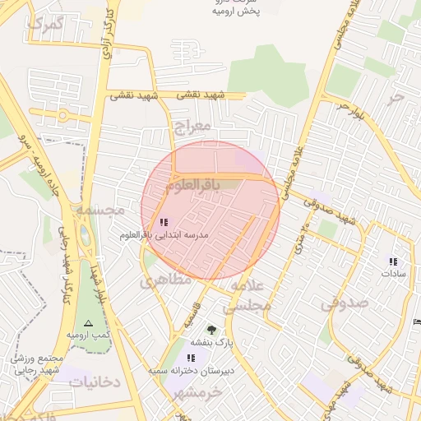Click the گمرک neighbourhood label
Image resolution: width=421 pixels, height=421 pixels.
45,24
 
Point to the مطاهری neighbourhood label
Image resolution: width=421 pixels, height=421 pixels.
164,280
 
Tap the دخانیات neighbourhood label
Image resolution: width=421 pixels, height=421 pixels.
95,382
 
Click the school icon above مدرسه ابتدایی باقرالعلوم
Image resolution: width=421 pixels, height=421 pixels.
163,222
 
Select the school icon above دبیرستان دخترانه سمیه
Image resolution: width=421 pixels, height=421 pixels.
191,358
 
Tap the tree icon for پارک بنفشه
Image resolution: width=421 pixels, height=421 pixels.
212,330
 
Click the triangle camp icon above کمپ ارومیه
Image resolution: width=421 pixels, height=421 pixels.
89,323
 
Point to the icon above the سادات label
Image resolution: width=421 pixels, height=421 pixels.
393,261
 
